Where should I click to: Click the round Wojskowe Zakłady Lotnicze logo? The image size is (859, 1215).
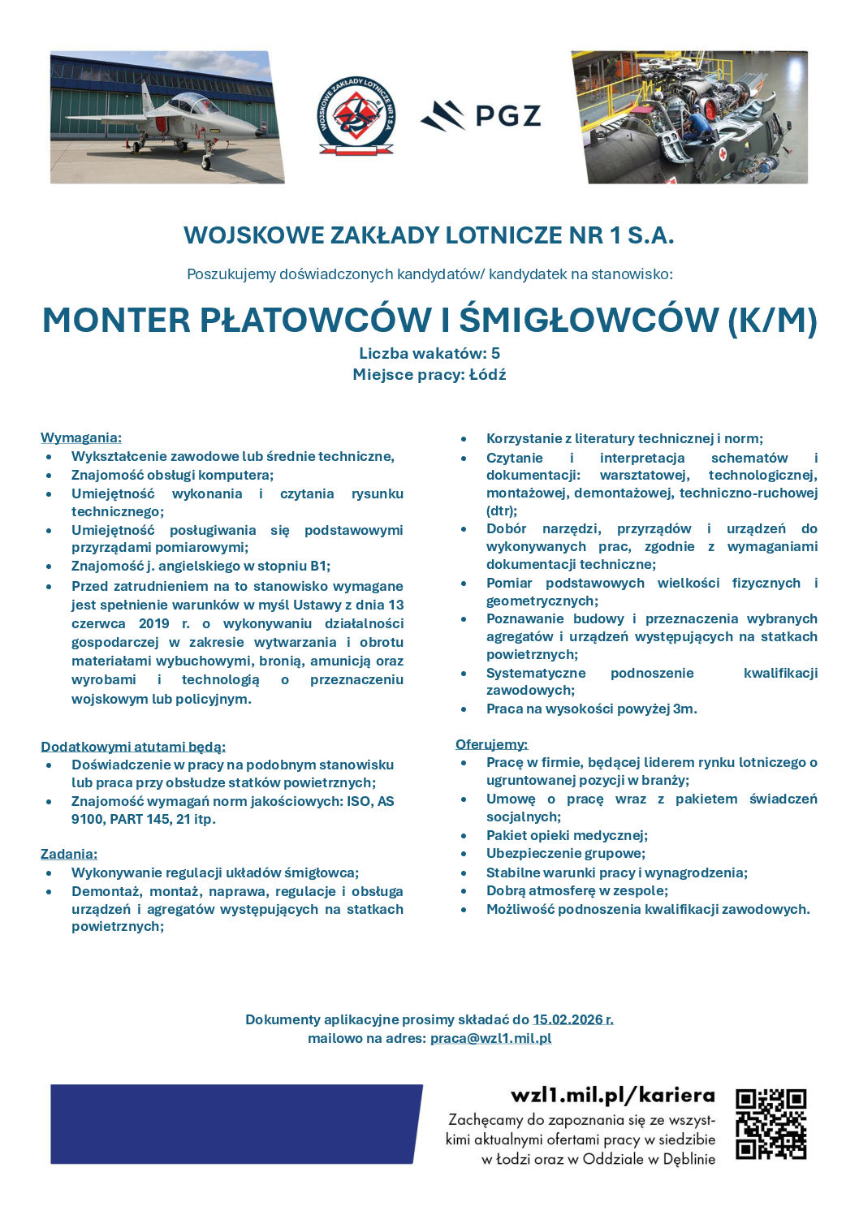[356, 117]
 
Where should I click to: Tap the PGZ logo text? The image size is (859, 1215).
[507, 116]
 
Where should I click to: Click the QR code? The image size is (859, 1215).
[771, 1123]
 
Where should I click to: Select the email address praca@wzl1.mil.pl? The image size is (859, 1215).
[490, 1038]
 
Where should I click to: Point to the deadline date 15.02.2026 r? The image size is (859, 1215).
[572, 1019]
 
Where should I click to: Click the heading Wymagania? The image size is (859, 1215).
[81, 437]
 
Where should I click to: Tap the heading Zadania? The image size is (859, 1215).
[69, 854]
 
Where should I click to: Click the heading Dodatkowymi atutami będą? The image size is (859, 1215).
[133, 747]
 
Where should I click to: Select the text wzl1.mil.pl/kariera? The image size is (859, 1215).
[613, 1096]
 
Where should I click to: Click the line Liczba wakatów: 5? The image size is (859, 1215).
[429, 353]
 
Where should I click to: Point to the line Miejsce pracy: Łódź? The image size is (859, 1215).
[429, 374]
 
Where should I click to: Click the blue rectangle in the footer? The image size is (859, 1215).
[235, 1124]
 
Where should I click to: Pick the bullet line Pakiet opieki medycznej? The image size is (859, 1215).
[567, 835]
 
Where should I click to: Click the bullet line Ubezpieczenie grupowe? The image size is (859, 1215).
[566, 853]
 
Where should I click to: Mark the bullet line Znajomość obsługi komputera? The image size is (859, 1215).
[172, 475]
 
